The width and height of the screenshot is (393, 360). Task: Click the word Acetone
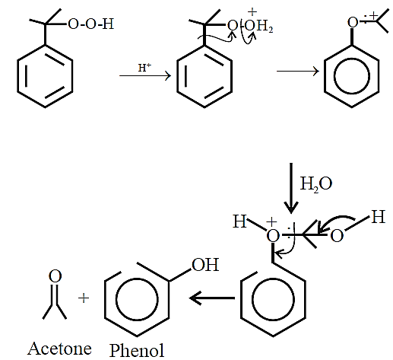tap(59, 349)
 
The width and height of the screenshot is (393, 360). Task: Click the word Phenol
tap(137, 350)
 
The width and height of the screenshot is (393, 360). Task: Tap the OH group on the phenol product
tap(205, 265)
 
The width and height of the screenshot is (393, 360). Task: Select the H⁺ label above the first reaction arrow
tap(144, 68)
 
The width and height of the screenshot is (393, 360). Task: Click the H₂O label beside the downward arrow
tap(316, 183)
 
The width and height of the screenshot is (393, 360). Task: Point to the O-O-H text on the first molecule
tap(90, 24)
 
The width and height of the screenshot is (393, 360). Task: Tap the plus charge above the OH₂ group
tap(252, 11)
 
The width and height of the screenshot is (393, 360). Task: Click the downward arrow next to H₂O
tap(291, 188)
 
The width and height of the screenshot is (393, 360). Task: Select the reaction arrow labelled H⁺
tap(145, 75)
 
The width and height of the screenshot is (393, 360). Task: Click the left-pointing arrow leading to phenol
tap(212, 298)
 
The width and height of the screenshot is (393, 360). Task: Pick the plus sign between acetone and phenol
tap(84, 298)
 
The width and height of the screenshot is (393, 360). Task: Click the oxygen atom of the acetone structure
tap(55, 276)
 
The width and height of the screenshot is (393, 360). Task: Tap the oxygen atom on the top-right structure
tap(353, 23)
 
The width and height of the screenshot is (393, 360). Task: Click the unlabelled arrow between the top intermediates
tap(298, 71)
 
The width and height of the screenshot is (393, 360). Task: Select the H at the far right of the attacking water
tap(378, 217)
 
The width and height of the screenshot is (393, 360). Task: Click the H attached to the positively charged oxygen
tap(239, 221)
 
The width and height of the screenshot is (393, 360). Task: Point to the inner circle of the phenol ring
tap(137, 298)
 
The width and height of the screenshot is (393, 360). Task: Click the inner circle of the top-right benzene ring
tap(351, 76)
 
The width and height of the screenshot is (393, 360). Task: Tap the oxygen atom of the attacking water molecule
tap(337, 236)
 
